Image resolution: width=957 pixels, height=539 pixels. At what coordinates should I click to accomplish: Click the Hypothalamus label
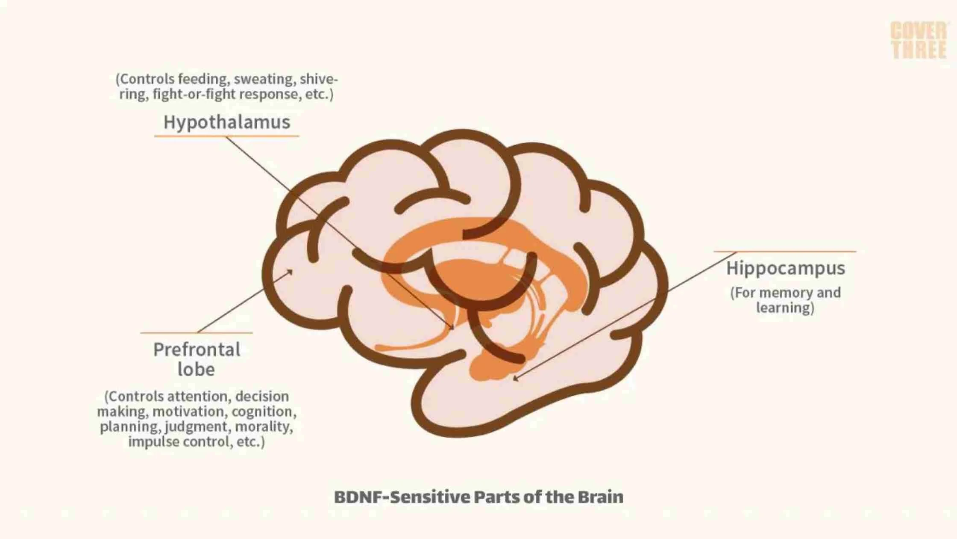(x=227, y=122)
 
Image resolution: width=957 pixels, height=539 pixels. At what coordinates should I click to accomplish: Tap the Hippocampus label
(x=785, y=269)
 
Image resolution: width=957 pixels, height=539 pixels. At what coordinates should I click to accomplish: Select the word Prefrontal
(x=197, y=350)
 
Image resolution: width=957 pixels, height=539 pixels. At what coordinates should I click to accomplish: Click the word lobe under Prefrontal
(x=196, y=370)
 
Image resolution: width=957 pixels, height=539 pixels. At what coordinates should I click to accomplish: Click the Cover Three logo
(x=919, y=40)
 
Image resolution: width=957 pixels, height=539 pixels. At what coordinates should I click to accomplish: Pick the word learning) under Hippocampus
(x=785, y=308)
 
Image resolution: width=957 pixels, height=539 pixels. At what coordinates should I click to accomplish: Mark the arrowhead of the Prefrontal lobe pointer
(x=291, y=272)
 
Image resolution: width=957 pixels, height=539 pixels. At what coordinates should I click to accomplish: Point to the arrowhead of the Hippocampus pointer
(x=515, y=379)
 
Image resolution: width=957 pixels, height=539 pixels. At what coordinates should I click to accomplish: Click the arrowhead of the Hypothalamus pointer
(x=452, y=328)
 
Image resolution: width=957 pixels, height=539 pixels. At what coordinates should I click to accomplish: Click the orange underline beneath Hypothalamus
(x=226, y=136)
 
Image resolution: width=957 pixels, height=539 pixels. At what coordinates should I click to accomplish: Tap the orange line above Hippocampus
(x=785, y=252)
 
